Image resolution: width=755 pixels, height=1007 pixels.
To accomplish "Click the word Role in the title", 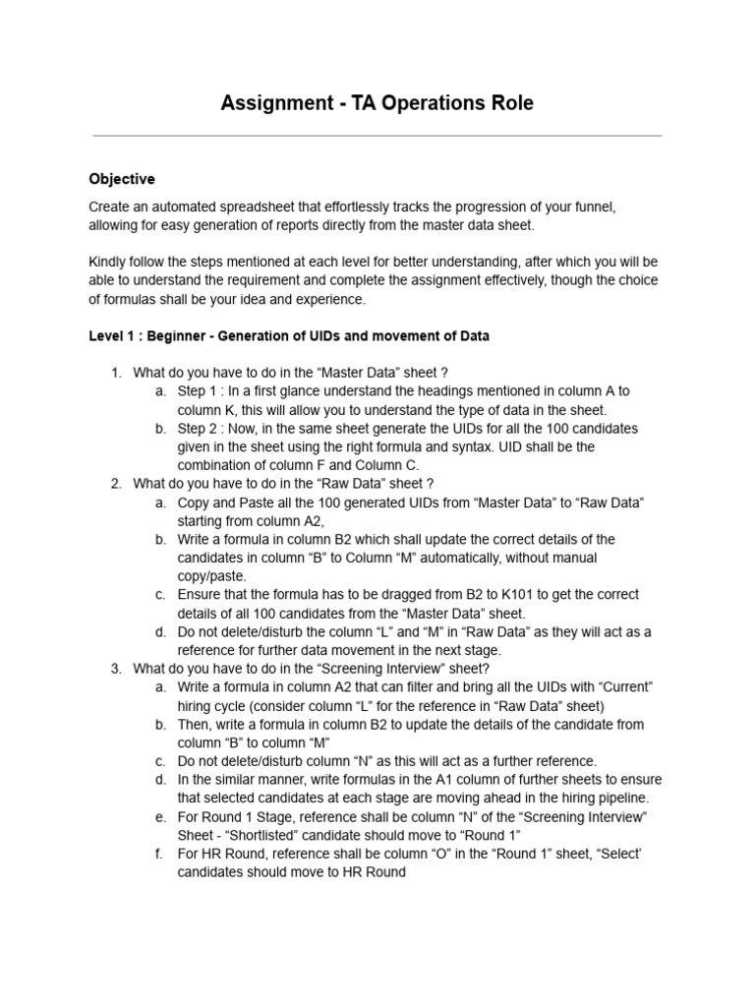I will point(510,103).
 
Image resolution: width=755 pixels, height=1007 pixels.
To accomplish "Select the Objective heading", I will point(122,179).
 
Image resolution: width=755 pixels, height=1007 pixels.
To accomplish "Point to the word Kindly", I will point(108,263).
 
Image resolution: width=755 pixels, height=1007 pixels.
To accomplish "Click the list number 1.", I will point(115,373).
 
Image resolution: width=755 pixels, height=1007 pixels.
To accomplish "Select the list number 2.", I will point(115,484).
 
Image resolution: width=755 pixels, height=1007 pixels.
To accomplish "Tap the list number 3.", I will point(115,669).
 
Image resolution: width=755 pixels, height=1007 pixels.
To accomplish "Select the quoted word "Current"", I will point(626,687).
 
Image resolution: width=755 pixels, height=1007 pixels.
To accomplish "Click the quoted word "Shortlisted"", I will point(266,835).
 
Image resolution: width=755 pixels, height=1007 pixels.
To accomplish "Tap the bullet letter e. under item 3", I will point(159,817).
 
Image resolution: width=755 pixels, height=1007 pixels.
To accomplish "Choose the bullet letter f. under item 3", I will point(159,854).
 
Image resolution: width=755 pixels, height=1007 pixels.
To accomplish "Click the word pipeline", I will point(620,798).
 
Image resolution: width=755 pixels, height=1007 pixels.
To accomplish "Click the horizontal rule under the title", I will point(377,136).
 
